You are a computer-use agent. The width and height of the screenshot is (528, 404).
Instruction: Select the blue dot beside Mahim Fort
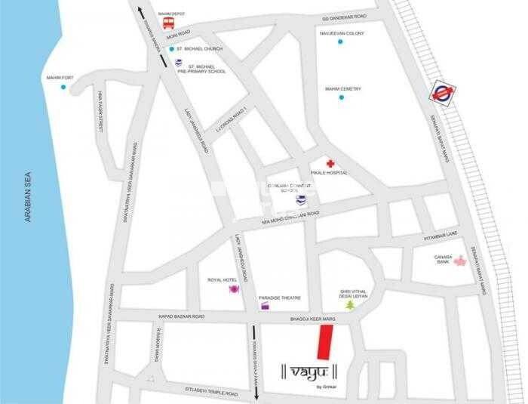click(x=63, y=88)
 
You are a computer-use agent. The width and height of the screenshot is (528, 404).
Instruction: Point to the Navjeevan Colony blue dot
click(x=341, y=41)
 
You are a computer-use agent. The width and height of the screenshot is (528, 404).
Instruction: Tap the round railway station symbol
click(x=439, y=94)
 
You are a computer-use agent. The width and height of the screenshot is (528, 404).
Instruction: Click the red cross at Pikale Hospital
click(x=330, y=163)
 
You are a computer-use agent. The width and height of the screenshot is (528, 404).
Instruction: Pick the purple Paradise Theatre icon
click(x=264, y=306)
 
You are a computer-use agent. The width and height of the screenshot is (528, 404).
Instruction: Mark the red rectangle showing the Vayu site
click(x=324, y=344)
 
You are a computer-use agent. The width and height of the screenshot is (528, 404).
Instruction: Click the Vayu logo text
click(x=309, y=372)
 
